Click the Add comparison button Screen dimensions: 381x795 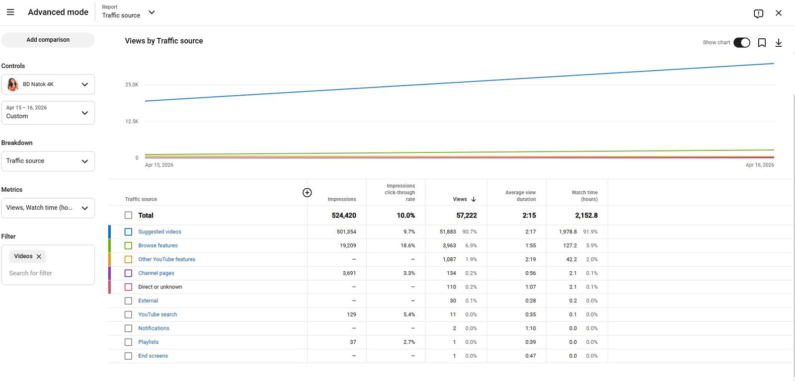[48, 40]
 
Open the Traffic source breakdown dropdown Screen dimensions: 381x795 [48, 161]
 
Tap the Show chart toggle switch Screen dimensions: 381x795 [741, 43]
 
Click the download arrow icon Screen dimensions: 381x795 [779, 43]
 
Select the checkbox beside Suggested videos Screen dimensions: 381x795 [128, 232]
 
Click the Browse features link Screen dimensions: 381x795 [158, 245]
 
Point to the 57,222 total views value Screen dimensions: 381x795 [466, 216]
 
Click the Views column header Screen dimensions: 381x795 [460, 199]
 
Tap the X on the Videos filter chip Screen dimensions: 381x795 [39, 256]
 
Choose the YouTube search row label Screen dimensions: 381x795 [158, 314]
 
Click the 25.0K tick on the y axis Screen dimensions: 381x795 [132, 85]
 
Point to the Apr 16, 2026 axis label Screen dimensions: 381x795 [759, 165]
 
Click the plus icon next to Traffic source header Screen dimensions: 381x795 [307, 193]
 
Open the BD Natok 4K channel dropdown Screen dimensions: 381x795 [48, 84]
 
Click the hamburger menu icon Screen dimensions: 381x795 [10, 12]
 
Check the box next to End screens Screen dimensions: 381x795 [128, 356]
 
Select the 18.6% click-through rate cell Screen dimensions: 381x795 [407, 245]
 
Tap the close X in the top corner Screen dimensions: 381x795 [779, 13]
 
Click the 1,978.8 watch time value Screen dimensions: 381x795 [567, 232]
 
